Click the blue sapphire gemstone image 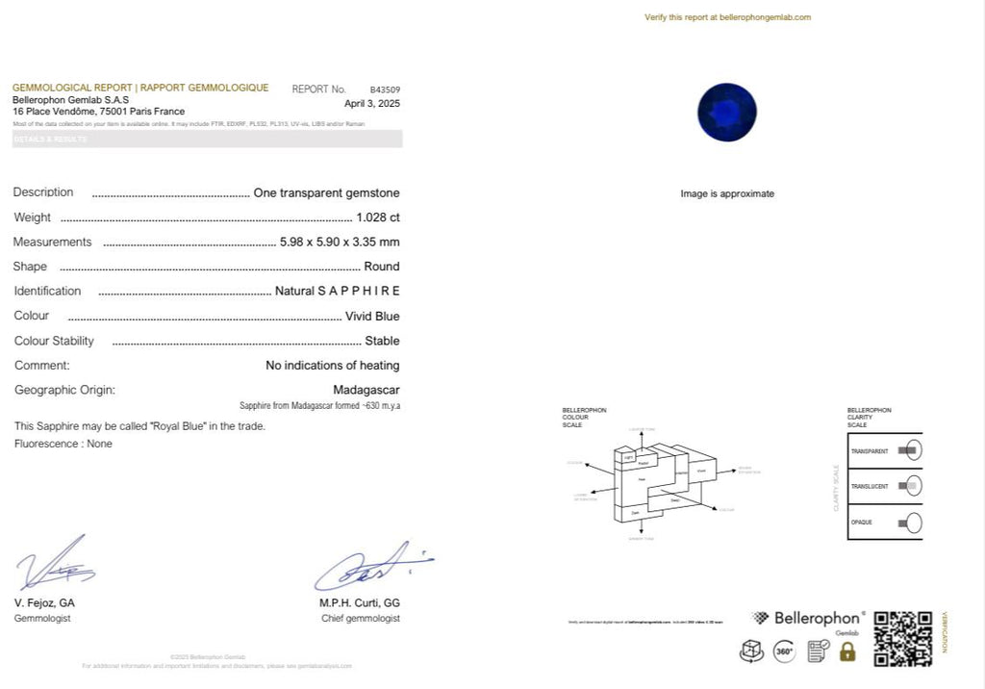tap(727, 111)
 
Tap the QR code tap(902, 638)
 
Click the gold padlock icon tap(847, 651)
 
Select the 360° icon tap(784, 651)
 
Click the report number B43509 tap(385, 89)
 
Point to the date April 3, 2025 tap(372, 103)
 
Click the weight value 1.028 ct tap(377, 217)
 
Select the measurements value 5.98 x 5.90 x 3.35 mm tap(339, 242)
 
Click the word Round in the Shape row tap(382, 267)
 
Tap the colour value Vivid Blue tap(372, 316)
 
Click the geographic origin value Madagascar tap(366, 390)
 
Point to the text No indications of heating tap(332, 366)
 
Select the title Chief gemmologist tap(360, 618)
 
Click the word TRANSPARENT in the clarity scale tap(869, 451)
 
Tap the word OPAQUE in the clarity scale tap(861, 523)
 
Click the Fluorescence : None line tap(63, 444)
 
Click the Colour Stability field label tap(54, 341)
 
